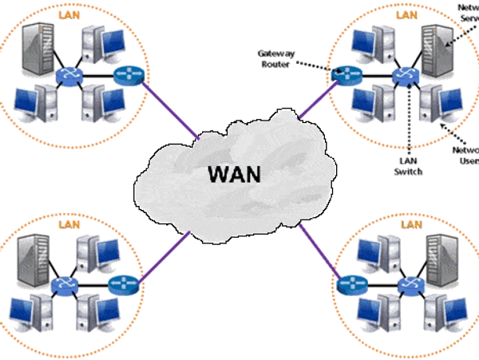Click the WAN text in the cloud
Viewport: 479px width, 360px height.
point(232,172)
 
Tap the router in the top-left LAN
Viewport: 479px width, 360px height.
point(125,76)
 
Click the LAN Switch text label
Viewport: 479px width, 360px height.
point(405,166)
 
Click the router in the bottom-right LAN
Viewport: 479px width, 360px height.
point(349,284)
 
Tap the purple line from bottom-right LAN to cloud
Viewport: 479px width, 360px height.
point(319,251)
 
